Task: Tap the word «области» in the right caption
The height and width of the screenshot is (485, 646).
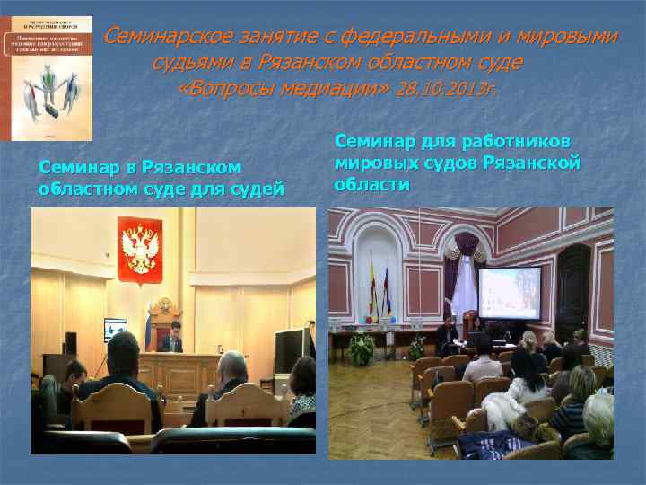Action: (372, 184)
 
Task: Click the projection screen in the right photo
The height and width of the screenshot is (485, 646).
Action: (509, 292)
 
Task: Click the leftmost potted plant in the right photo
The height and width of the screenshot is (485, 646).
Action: (361, 348)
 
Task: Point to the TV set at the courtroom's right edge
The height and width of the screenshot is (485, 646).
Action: (292, 349)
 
